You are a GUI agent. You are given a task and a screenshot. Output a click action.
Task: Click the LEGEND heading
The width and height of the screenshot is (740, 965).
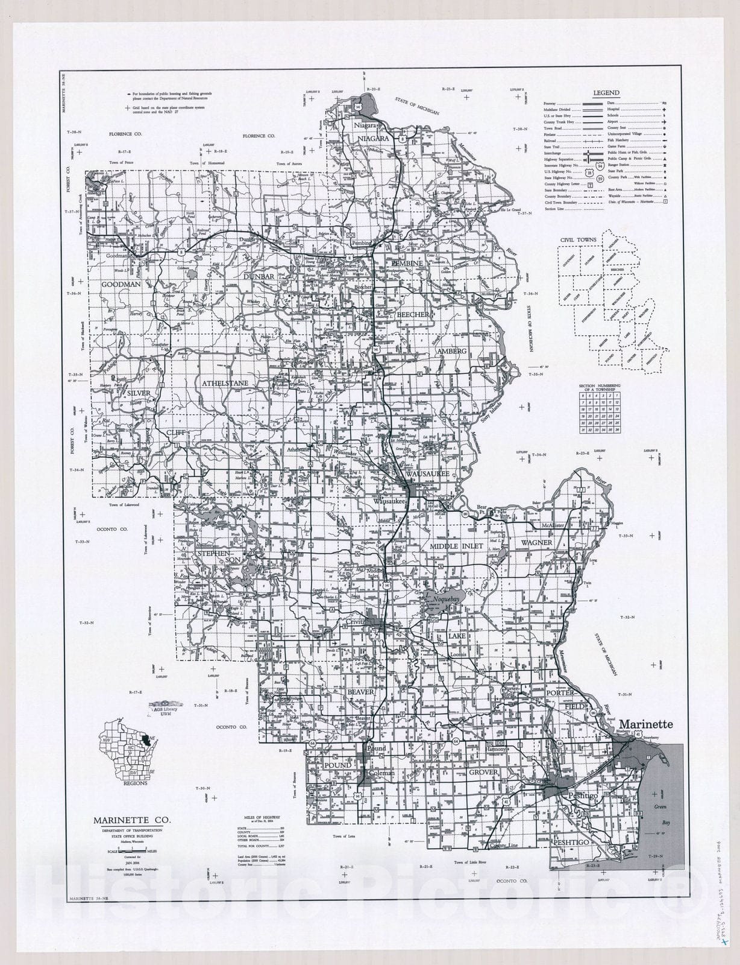coord(606,93)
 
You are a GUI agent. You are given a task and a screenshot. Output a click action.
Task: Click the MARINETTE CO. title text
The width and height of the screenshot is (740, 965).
coord(131,820)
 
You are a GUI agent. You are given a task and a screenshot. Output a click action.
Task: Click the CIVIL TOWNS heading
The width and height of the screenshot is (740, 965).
coord(579,239)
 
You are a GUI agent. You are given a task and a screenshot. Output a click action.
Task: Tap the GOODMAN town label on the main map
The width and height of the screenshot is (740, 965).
coord(121,284)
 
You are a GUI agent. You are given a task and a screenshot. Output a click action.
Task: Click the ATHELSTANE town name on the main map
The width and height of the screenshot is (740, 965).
coord(225,383)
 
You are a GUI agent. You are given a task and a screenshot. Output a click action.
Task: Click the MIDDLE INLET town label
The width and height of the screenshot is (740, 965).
coord(456,546)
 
